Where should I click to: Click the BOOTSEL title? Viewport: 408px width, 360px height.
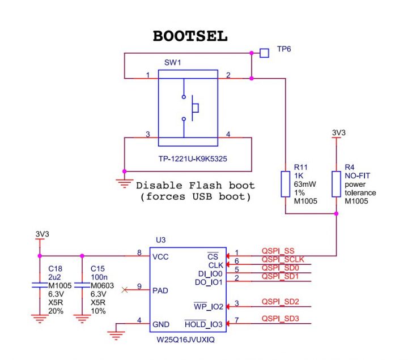tap(190, 36)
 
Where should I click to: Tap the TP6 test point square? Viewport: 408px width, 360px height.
tap(264, 53)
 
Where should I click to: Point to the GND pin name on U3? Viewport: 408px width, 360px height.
tap(161, 325)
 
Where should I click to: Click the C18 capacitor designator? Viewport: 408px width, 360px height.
tap(55, 268)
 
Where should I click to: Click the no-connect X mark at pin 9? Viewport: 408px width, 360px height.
tap(125, 290)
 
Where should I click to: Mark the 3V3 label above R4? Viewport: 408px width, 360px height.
tap(338, 133)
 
